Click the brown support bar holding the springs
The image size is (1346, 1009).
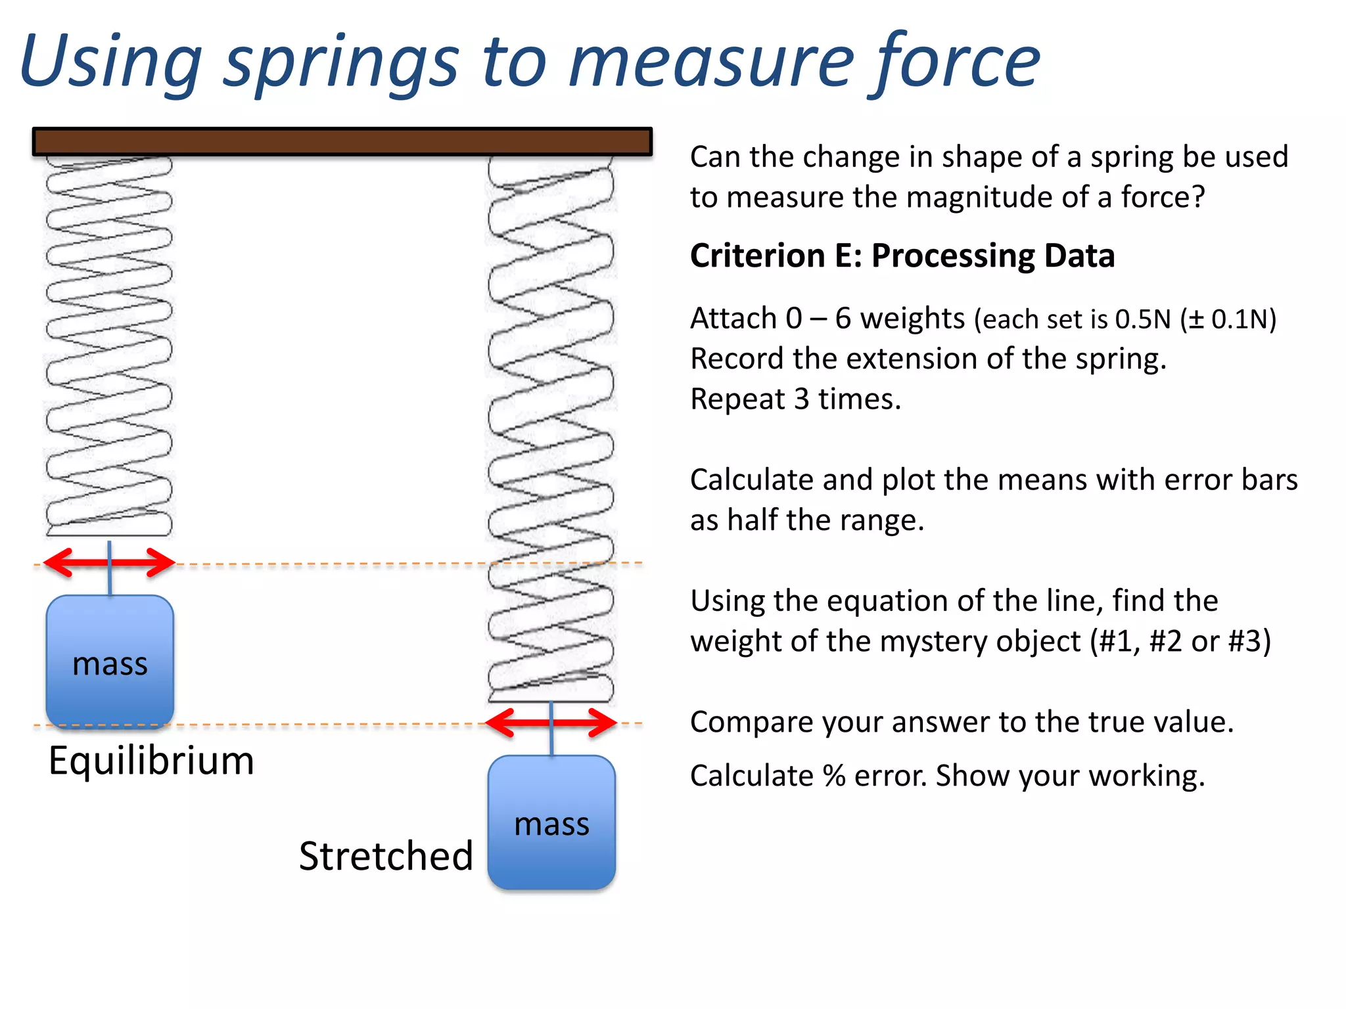342,141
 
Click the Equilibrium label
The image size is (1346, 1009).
151,761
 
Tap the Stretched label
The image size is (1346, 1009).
386,856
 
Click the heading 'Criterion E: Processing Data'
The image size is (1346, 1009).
902,256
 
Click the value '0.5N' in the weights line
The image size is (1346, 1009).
1143,320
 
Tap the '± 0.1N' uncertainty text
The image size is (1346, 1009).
1228,320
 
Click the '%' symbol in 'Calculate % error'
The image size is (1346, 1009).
833,776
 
